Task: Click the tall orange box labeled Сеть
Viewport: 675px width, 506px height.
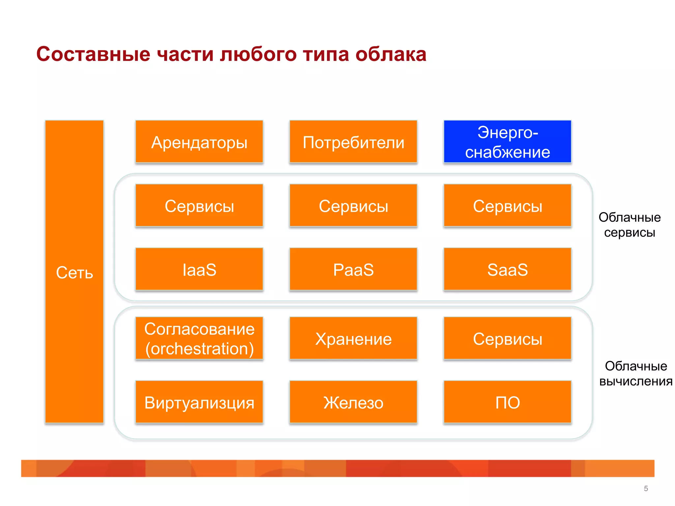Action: click(74, 272)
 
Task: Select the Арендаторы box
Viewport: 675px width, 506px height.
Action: click(199, 142)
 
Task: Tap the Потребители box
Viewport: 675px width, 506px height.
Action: click(353, 142)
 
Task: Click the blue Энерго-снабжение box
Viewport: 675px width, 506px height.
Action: click(507, 142)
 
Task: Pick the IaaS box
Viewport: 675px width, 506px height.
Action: click(199, 269)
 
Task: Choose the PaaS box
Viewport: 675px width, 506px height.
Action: click(353, 269)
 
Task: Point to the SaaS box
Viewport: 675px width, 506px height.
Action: click(507, 269)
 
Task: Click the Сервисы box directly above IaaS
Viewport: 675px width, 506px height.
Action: click(199, 206)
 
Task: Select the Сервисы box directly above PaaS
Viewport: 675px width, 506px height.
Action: click(353, 206)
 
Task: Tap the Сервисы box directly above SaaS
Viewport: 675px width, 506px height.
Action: click(507, 206)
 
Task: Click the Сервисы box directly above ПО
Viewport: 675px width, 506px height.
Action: click(507, 338)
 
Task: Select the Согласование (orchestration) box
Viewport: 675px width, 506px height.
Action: click(199, 338)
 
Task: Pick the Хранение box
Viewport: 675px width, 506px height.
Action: click(353, 338)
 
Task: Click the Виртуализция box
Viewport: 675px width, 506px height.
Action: click(199, 402)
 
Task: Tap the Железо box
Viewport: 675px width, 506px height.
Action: click(353, 402)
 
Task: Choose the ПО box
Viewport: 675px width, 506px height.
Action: click(507, 402)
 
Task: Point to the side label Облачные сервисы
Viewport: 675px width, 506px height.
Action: click(630, 225)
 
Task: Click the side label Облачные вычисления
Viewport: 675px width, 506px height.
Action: click(635, 374)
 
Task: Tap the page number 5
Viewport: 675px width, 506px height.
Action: click(646, 489)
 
